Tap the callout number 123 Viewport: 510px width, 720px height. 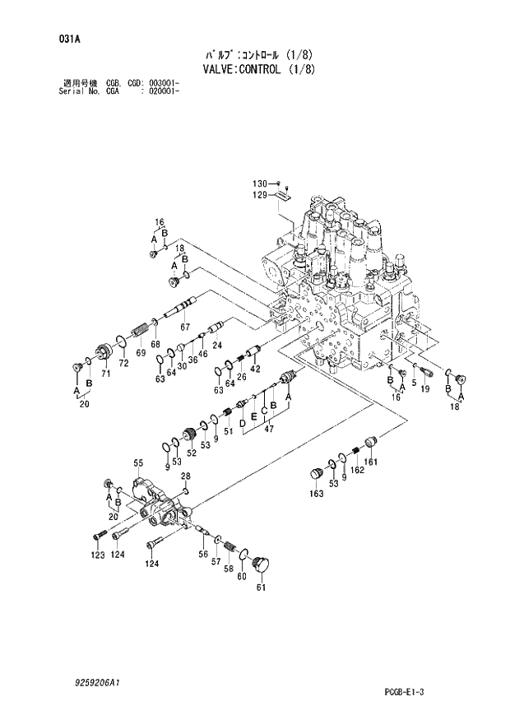98,555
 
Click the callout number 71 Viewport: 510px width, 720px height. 105,374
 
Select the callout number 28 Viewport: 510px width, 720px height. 186,476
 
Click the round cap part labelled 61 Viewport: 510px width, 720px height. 263,564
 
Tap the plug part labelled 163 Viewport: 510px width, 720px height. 314,474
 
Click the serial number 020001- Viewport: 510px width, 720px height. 164,91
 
